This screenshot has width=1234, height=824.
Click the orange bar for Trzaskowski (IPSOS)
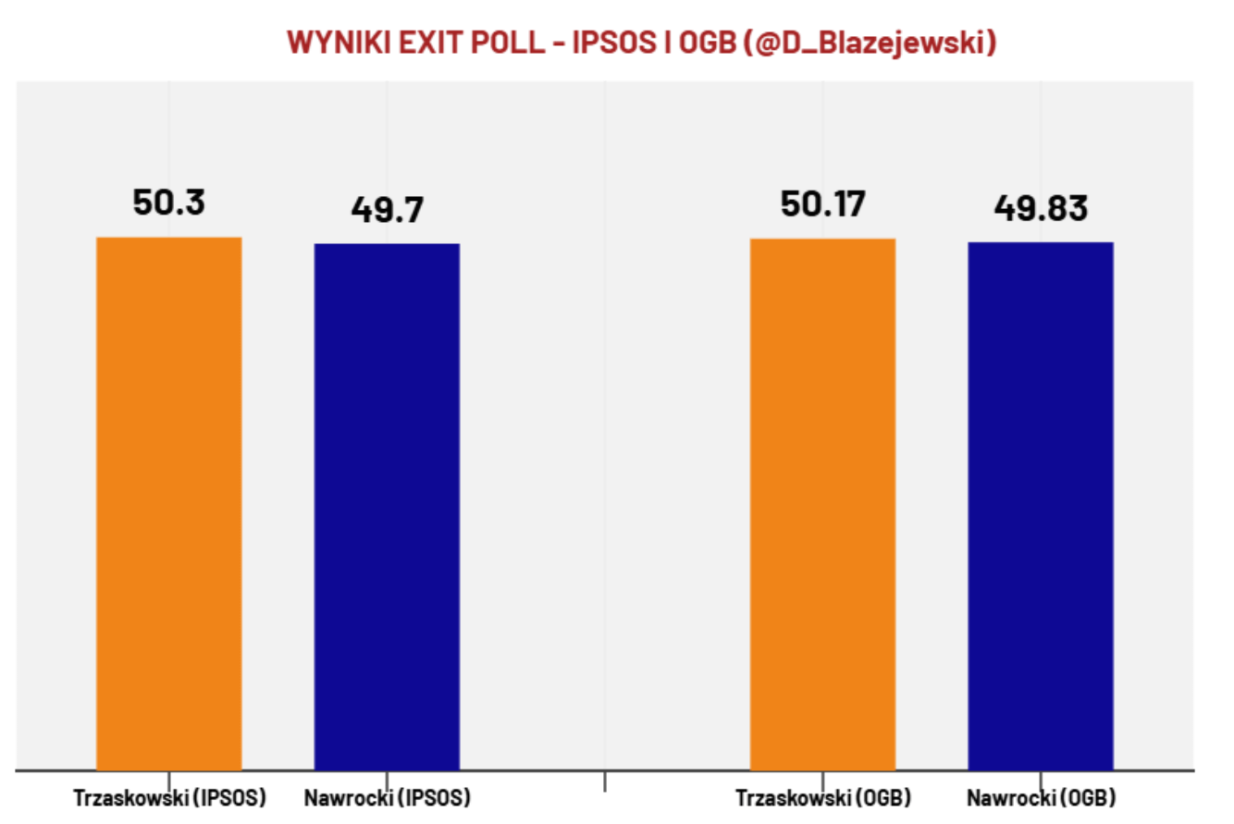click(x=169, y=503)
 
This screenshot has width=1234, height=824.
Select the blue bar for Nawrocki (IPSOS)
click(x=387, y=507)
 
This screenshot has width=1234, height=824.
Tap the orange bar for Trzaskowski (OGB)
click(x=822, y=504)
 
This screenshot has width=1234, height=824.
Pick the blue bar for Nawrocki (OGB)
click(x=1041, y=506)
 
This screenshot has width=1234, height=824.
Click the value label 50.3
click(x=169, y=203)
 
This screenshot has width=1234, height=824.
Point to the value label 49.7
click(x=388, y=209)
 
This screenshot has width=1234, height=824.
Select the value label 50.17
click(x=823, y=203)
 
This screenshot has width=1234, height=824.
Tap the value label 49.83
click(x=1041, y=208)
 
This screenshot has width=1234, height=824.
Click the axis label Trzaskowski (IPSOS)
click(x=169, y=797)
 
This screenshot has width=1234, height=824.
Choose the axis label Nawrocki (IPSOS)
click(x=388, y=797)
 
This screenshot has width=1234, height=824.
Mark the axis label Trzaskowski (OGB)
click(x=823, y=797)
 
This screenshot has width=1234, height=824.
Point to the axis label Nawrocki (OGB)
click(x=1042, y=797)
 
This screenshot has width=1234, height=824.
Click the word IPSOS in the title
click(x=614, y=43)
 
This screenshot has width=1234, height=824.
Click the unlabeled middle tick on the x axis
click(x=605, y=781)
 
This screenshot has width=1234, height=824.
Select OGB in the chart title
click(x=708, y=43)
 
